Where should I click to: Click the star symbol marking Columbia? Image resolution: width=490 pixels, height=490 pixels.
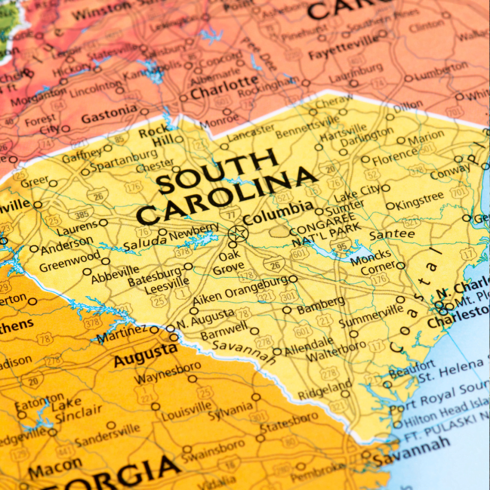pyautogui.click(x=238, y=234)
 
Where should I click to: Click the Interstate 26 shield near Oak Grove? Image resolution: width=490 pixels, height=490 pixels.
pyautogui.click(x=275, y=263)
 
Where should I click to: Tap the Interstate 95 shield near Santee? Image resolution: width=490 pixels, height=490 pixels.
pyautogui.click(x=340, y=245)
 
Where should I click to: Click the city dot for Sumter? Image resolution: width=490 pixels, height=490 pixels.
pyautogui.click(x=319, y=211)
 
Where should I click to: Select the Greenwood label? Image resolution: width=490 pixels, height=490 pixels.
pyautogui.click(x=70, y=261)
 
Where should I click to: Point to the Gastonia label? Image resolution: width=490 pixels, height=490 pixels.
pyautogui.click(x=109, y=113)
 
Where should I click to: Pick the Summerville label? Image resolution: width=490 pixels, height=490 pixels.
pyautogui.click(x=371, y=317)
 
